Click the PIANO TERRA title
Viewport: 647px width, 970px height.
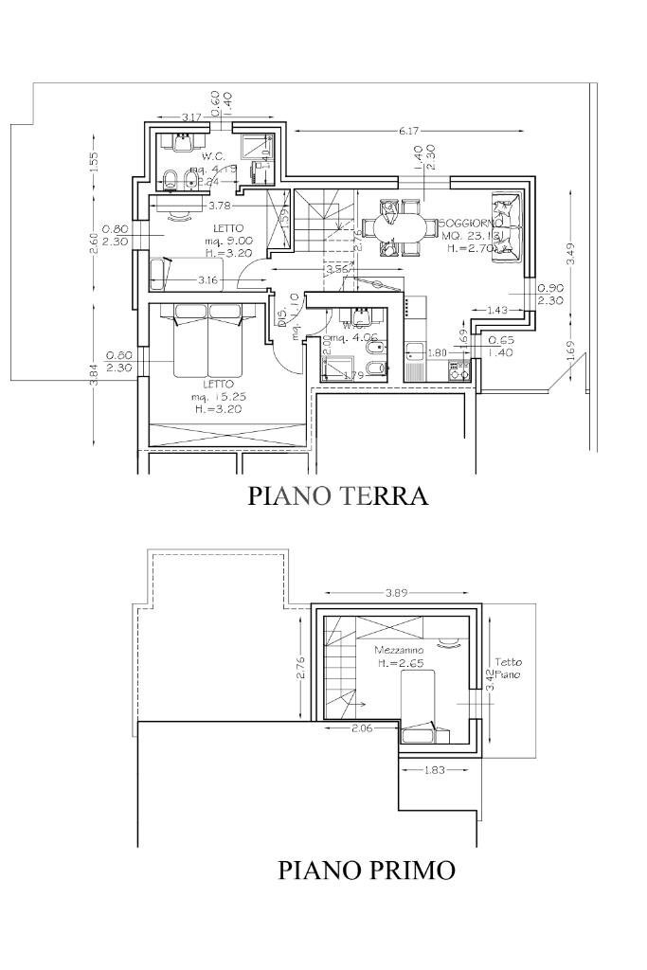[337, 495]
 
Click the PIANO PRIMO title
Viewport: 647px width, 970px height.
[366, 870]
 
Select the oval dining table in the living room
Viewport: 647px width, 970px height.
[397, 227]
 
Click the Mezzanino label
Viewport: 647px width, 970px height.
[398, 651]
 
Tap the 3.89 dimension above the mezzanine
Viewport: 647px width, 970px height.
[398, 593]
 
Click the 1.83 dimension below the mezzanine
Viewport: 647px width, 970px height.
[434, 770]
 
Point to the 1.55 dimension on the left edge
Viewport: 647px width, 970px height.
[94, 162]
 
